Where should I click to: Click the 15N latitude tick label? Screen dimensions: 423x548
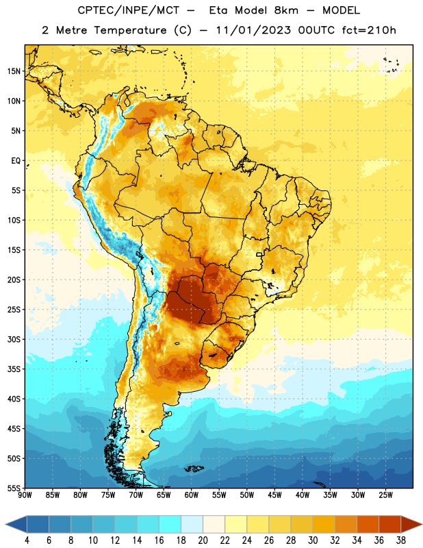coord(14,71)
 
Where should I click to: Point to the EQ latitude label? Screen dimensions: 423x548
coord(16,161)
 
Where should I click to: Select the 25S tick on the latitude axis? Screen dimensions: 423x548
coord(14,310)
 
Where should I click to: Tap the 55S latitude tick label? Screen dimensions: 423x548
coord(14,488)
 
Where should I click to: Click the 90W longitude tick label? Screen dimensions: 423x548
coord(25,495)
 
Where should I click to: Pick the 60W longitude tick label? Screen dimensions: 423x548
coord(192,495)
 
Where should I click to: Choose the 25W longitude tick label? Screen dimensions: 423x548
coord(385,495)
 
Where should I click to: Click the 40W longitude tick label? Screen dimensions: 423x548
coord(303,495)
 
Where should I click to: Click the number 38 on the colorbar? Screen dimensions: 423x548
coord(400,540)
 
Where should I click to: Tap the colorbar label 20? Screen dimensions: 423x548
coord(203,540)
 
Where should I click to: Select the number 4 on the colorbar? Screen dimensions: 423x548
coord(27,540)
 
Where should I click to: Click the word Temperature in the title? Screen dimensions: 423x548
coord(130,30)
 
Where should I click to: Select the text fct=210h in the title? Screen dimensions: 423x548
coord(369,30)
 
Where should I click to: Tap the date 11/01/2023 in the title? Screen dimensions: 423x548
coord(253,30)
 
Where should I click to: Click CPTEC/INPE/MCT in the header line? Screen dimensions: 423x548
coord(128,10)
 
